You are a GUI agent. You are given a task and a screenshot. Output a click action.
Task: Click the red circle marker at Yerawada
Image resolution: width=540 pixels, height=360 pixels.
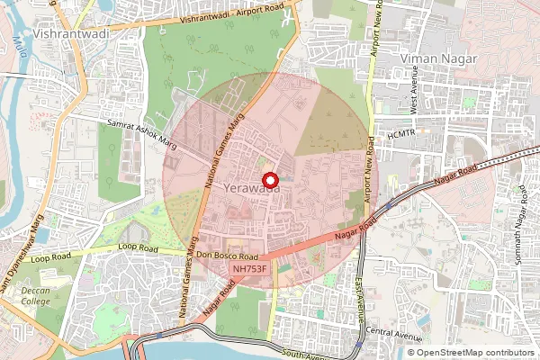tap(267, 180)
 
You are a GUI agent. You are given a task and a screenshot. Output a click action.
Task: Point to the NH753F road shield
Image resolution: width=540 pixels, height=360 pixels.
tap(248, 267)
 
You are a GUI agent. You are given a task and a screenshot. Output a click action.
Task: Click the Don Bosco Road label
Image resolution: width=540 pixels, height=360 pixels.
tap(229, 255)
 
